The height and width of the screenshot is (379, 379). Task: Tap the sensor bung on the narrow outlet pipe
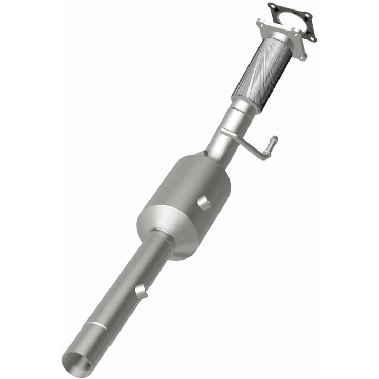pos(139,290)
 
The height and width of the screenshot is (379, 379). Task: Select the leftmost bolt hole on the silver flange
pos(260,23)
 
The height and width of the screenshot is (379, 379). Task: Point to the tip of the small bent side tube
pos(274,140)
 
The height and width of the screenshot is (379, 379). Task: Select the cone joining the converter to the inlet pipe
pos(210,161)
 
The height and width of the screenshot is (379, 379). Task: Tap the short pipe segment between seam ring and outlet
pos(87,342)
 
